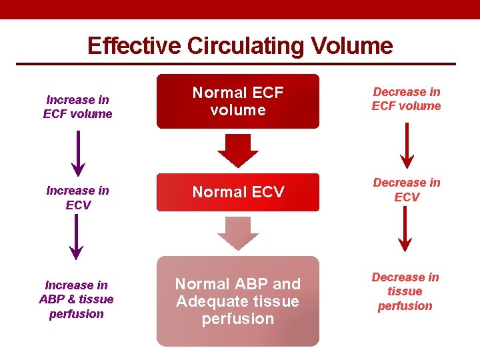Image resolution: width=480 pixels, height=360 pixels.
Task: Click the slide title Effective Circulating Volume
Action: click(240, 45)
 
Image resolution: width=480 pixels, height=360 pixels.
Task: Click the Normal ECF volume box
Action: click(238, 101)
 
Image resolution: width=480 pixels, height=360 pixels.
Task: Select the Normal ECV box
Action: click(238, 192)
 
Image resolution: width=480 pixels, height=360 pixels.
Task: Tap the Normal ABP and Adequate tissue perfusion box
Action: click(238, 301)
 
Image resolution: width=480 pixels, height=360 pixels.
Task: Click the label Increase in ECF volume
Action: click(77, 107)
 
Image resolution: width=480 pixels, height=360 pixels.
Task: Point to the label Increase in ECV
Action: click(77, 197)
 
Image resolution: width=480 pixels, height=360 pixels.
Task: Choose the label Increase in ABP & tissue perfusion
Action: click(77, 299)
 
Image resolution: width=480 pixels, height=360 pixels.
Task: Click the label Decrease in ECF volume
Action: click(406, 99)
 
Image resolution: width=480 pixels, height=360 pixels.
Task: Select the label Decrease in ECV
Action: click(406, 189)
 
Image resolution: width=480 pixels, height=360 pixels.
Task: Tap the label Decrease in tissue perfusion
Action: click(405, 291)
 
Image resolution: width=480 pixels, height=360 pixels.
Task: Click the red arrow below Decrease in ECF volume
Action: click(405, 145)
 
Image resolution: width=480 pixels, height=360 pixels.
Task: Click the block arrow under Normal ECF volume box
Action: click(238, 150)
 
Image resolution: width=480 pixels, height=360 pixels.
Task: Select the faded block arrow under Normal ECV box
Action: click(238, 233)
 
